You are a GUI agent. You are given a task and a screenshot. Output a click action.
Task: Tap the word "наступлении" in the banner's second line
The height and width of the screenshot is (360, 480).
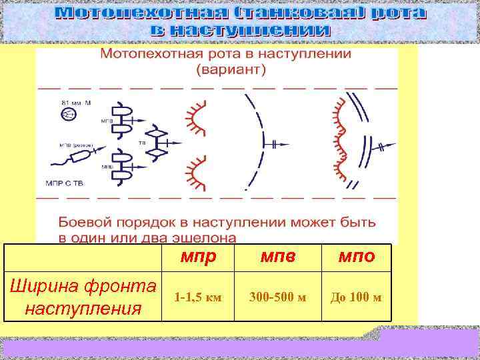point(266,30)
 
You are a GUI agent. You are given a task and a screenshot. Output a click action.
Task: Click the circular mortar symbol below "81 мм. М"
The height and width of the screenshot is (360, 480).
point(67,115)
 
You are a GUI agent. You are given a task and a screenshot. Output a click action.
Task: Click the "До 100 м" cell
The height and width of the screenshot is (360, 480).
point(356,295)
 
